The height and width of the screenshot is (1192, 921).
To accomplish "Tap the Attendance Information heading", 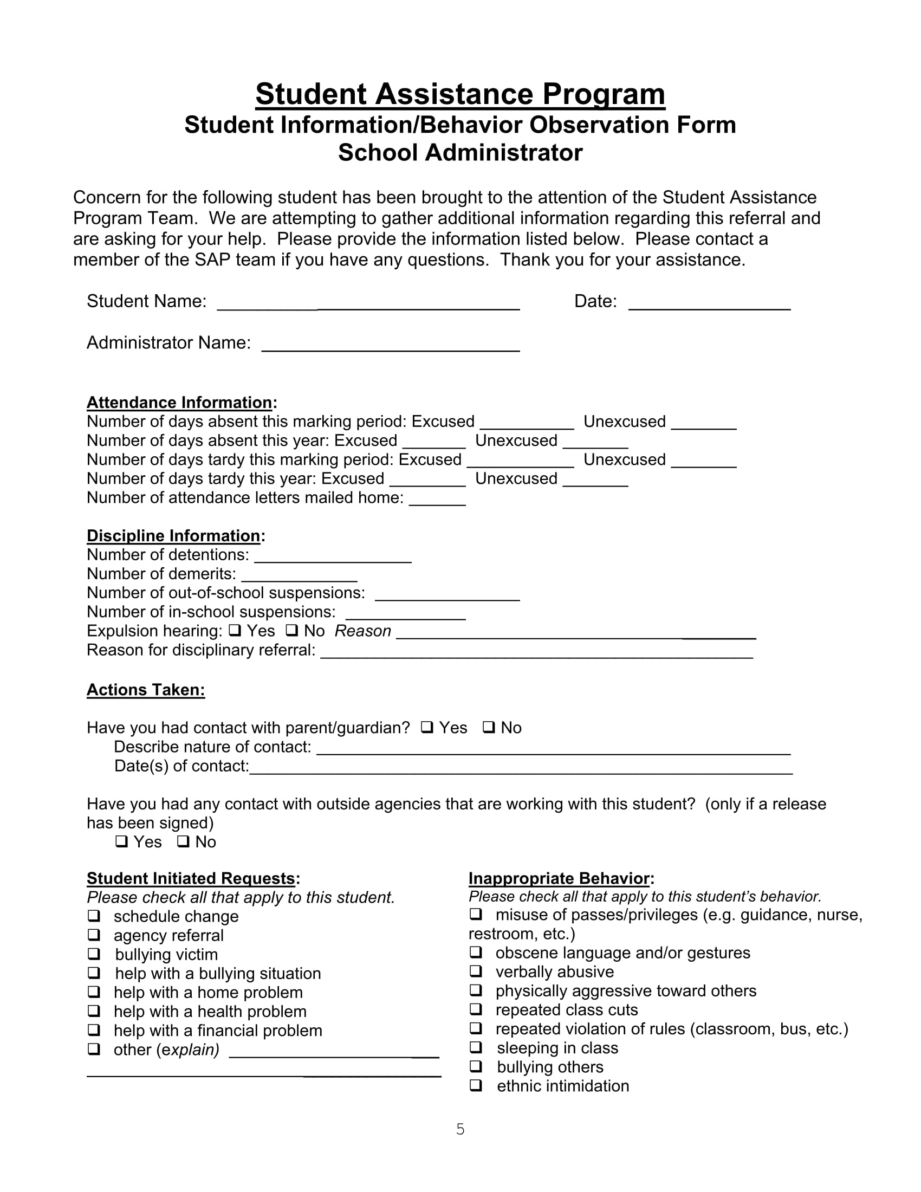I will (180, 402).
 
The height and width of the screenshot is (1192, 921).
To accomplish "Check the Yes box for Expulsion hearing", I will (235, 630).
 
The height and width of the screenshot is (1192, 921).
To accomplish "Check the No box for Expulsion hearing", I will (292, 630).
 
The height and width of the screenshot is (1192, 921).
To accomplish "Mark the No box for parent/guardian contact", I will (489, 727).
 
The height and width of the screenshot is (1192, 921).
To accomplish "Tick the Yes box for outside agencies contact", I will (122, 841).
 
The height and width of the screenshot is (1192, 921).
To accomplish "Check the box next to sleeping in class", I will (476, 1047).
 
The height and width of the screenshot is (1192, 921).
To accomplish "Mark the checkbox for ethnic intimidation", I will (476, 1085).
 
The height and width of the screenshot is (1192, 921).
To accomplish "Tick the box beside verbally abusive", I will (476, 971).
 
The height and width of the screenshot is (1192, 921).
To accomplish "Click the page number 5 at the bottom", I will (460, 1129).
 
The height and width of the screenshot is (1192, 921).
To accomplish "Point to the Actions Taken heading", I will (146, 690).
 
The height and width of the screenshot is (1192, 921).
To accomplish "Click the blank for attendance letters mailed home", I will (437, 500).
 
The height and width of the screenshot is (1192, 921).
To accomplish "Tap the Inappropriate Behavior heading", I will (560, 878).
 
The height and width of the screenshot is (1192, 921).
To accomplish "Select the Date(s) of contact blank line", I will (521, 768).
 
